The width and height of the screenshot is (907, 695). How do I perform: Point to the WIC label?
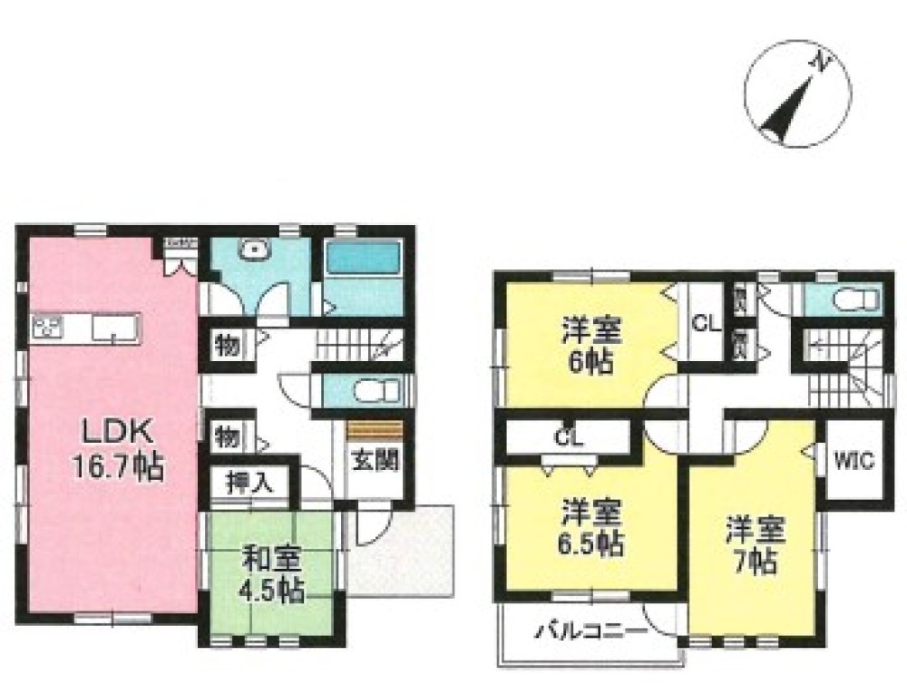(853, 461)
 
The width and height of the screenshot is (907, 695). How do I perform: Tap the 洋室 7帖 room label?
(754, 545)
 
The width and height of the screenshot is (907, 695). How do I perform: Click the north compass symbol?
(797, 99)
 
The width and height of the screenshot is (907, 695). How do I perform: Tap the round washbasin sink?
(255, 251)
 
